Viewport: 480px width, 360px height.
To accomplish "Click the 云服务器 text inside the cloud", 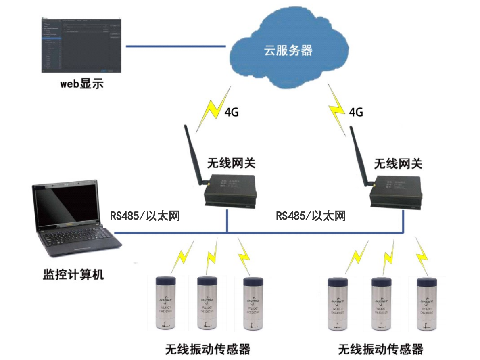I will [288, 50].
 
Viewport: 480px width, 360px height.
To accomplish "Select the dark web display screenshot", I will [81, 45].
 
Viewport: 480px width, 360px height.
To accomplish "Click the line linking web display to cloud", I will [175, 46].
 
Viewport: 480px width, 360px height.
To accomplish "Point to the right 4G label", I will [355, 111].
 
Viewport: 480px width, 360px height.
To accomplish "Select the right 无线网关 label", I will [398, 163].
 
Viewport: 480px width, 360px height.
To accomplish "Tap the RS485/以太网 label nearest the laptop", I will [145, 216].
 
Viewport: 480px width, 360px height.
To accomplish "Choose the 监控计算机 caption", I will [73, 275].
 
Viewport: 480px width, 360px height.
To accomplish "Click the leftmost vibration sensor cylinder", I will [166, 303].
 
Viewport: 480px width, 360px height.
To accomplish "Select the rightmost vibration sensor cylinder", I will [427, 303].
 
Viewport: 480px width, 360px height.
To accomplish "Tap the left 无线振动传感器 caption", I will [208, 348].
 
